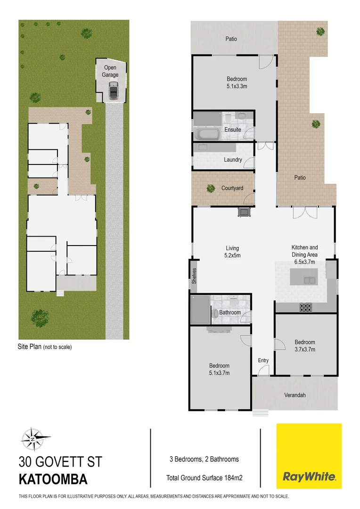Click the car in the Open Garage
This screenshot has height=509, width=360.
coord(114,90)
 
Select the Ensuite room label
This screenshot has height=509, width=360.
coord(232,130)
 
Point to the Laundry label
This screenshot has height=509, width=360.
coord(233,160)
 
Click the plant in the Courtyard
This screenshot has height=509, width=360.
coord(210,189)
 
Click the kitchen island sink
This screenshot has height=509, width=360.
coord(310,280)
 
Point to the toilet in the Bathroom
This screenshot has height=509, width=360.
coord(215,313)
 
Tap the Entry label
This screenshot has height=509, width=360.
coord(263,361)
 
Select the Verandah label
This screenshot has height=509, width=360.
coord(295,395)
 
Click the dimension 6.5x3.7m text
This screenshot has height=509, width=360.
coord(304,262)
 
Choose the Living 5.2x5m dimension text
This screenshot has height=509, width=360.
coord(232,255)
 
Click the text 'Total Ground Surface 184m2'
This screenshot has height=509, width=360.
coord(204,477)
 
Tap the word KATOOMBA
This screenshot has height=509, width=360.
coord(53,480)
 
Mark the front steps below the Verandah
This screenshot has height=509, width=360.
coord(259,413)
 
